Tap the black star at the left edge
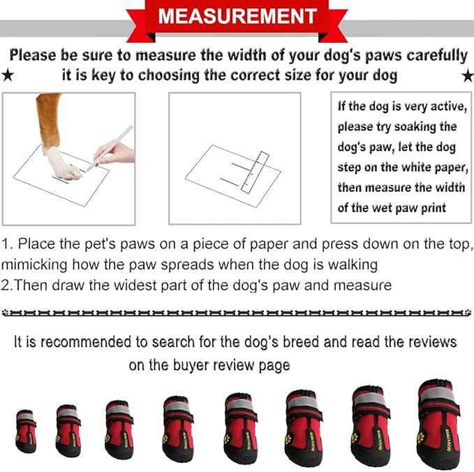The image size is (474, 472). coord(7,75)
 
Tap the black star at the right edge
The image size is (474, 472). coord(467,75)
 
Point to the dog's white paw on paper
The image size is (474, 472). coord(64,163)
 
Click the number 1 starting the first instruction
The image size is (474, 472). coord(5,244)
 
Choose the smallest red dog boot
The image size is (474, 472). coord(26,431)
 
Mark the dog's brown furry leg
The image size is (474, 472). coord(50,119)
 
